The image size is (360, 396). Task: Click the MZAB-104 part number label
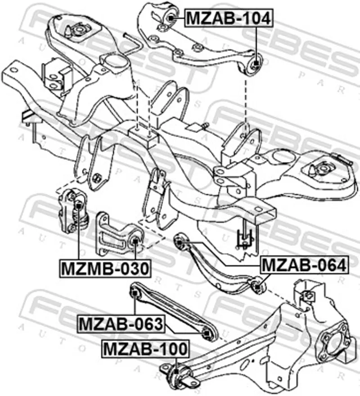click(228, 18)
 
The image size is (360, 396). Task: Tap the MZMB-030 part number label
click(104, 269)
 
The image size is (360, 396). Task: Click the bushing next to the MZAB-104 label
click(172, 18)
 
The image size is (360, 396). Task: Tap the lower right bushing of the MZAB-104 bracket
click(255, 63)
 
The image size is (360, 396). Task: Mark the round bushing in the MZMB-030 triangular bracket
click(135, 243)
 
